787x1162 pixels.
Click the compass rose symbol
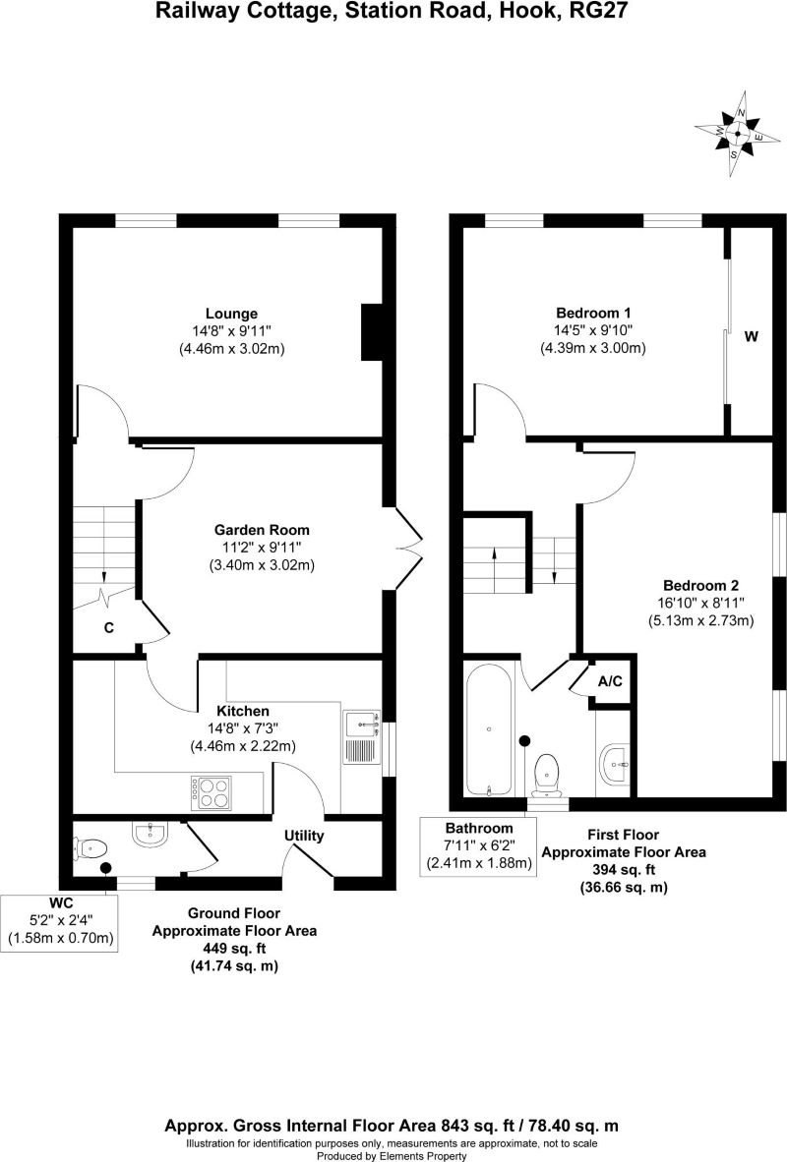[x=738, y=134]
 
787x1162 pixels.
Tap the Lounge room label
[x=231, y=314]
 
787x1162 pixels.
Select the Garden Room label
[x=262, y=530]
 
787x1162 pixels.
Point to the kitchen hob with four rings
[x=212, y=791]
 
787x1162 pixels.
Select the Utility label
[x=304, y=836]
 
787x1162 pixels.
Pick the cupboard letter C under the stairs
[x=109, y=627]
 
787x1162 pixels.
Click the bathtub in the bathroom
[x=488, y=729]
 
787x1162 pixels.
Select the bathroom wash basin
[x=617, y=764]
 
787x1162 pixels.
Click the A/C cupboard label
[x=611, y=681]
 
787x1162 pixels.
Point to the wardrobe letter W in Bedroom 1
[x=752, y=336]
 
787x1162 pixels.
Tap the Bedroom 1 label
[x=593, y=313]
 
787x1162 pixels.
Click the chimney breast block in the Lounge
[x=372, y=332]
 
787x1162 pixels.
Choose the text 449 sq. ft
[x=234, y=948]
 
